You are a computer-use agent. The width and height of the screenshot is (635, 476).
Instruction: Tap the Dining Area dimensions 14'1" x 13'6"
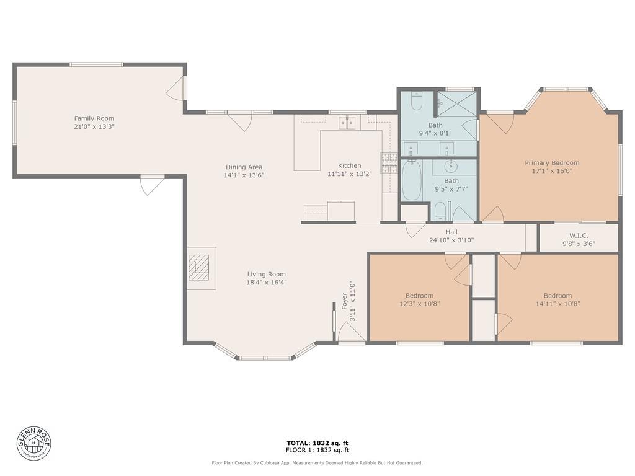pyautogui.click(x=244, y=175)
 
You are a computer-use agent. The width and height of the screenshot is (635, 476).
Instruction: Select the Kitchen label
pyautogui.click(x=350, y=165)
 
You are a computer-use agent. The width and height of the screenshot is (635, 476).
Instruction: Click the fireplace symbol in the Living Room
pyautogui.click(x=199, y=268)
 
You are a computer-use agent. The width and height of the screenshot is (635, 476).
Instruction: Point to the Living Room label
pyautogui.click(x=267, y=274)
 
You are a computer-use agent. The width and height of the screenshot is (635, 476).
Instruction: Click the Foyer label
pyautogui.click(x=345, y=301)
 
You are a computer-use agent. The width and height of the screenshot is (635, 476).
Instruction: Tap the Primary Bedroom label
pyautogui.click(x=552, y=163)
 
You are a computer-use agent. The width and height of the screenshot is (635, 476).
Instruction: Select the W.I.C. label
pyautogui.click(x=579, y=236)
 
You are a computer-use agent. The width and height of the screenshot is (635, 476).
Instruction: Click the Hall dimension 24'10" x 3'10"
pyautogui.click(x=451, y=240)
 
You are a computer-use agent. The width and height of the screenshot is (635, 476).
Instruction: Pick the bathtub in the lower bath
pyautogui.click(x=412, y=180)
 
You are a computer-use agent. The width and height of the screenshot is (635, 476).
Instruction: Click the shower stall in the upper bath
pyautogui.click(x=456, y=104)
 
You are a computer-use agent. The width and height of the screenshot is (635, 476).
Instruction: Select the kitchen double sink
pyautogui.click(x=347, y=122)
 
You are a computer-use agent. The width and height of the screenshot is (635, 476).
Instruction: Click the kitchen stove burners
pyautogui.click(x=389, y=163)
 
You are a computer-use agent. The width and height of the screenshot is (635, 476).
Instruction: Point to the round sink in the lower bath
pyautogui.click(x=450, y=166)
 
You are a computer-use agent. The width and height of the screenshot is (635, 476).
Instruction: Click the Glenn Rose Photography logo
pyautogui.click(x=34, y=443)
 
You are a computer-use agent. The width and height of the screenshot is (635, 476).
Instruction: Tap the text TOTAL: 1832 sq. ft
pyautogui.click(x=317, y=443)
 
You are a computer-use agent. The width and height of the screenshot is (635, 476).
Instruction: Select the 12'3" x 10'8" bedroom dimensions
pyautogui.click(x=420, y=304)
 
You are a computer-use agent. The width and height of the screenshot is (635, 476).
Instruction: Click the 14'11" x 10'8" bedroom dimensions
pyautogui.click(x=558, y=304)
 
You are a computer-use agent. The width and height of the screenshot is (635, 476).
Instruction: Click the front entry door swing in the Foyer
pyautogui.click(x=352, y=332)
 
